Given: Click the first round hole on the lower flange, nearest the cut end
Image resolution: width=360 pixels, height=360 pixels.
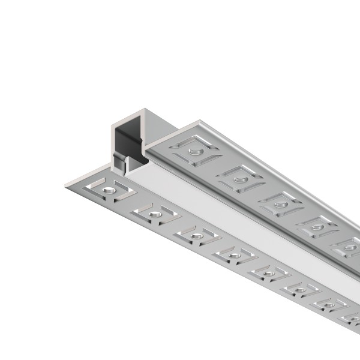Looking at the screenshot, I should tap(108, 190).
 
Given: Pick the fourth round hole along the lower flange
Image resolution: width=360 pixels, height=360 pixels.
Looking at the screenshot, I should tap(235, 255).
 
